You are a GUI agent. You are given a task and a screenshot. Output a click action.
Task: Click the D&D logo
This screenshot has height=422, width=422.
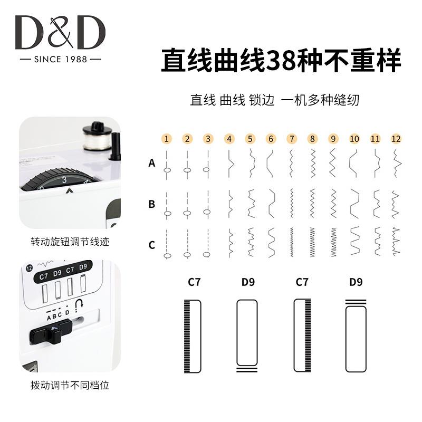point(60,33)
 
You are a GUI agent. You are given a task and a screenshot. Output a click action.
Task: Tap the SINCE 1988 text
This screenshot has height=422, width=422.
point(60,60)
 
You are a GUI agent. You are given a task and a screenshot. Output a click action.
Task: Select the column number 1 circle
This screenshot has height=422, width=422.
point(167,139)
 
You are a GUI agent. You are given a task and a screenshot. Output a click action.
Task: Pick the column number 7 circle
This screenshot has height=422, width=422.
point(292,139)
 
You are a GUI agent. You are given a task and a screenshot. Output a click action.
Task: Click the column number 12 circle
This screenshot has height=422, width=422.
point(396,139)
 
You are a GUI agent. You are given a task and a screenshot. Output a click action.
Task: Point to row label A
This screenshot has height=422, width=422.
point(152,164)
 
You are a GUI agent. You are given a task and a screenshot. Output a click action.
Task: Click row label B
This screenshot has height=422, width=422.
point(152,204)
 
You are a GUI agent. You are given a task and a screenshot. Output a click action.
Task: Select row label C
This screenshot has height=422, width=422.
point(152,245)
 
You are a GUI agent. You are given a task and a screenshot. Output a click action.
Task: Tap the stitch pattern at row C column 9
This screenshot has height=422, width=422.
point(333,242)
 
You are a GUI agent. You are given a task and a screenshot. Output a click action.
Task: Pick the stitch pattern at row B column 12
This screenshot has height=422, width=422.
point(396,204)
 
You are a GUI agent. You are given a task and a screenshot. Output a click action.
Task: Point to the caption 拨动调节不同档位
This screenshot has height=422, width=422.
point(70,386)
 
